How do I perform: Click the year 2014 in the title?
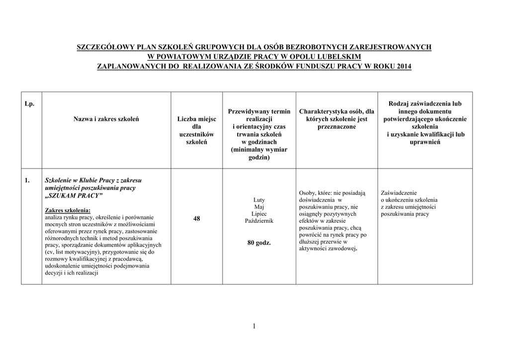[x=404, y=66]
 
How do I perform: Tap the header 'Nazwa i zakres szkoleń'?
[x=106, y=119]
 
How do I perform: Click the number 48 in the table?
[x=197, y=218]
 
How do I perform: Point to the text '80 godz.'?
[x=259, y=243]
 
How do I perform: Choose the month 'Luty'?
[x=259, y=199]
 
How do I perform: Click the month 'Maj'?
[x=259, y=206]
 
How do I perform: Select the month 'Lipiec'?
[x=259, y=213]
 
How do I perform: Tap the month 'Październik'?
[x=259, y=220]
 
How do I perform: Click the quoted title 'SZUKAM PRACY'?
[x=74, y=196]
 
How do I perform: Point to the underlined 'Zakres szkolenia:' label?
[x=68, y=210]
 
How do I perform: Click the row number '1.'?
[x=28, y=180]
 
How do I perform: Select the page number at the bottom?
[x=254, y=326]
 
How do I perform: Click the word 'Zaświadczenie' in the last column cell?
[x=399, y=192]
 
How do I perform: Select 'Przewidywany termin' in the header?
[x=259, y=111]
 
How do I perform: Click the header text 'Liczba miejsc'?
[x=197, y=119]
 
